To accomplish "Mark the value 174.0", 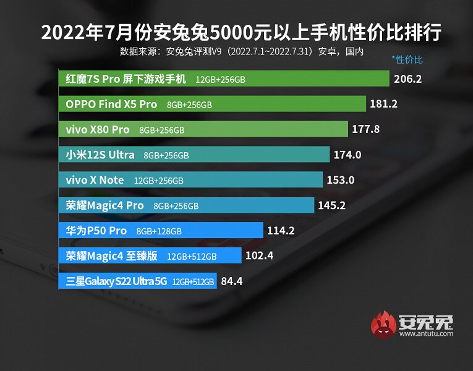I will [347, 155].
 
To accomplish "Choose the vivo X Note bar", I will [191, 180].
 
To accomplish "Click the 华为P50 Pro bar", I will [161, 231].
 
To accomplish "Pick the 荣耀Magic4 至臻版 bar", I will [151, 256].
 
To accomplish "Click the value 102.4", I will [259, 256].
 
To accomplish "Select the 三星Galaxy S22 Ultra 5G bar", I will [138, 281].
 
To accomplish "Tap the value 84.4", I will [231, 281].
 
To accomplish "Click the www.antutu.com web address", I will [426, 334].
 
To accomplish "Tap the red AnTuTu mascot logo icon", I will [384, 324].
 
